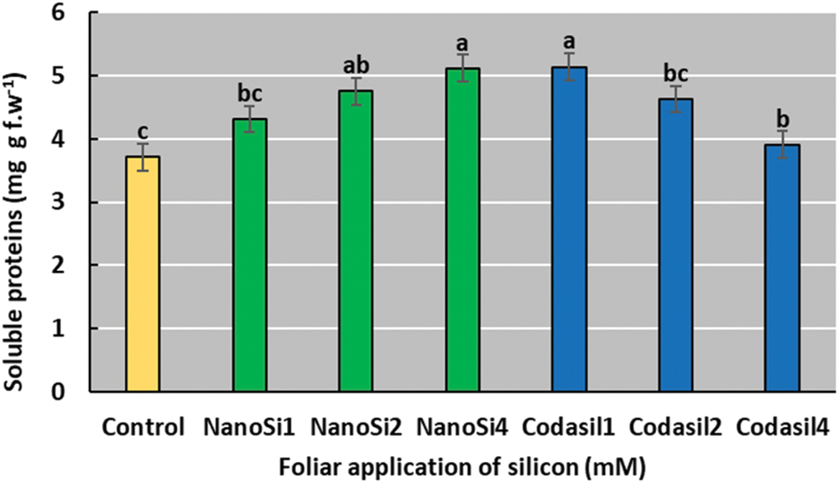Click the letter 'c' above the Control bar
143,132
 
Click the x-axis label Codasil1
570,428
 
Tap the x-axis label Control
143,428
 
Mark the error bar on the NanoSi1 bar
250,119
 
